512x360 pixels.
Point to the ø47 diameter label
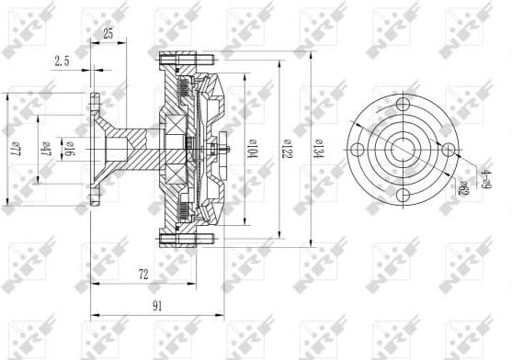(47, 149)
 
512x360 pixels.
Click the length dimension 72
(143, 274)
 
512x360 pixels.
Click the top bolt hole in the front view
(403, 103)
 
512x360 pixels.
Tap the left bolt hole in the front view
(356, 150)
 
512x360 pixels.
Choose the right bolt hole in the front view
(449, 150)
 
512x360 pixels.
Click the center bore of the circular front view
(403, 150)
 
